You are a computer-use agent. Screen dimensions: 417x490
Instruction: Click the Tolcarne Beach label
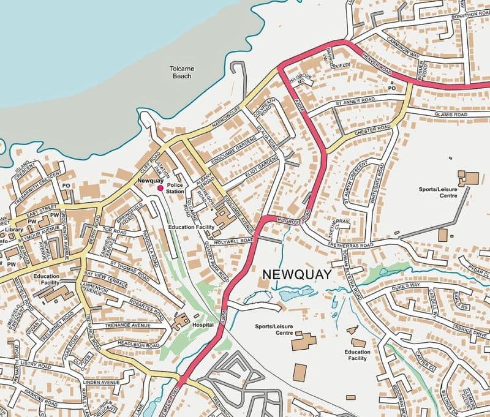182,73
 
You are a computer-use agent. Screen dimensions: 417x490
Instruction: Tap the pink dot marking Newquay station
160,189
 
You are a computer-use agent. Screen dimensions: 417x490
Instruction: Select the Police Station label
175,188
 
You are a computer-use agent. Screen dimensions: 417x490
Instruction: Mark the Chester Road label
372,130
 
